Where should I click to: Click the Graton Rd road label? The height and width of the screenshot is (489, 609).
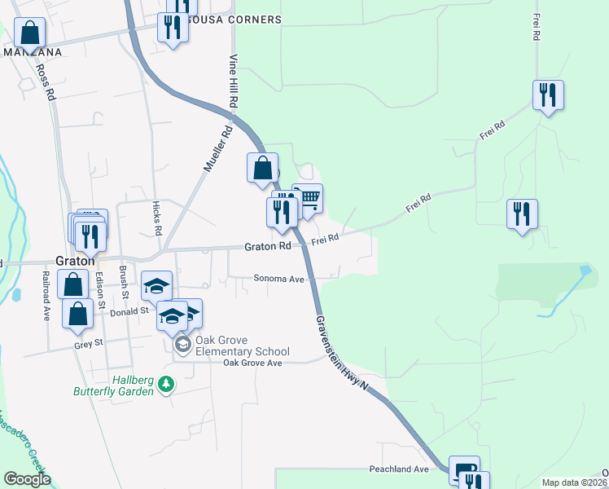click(x=268, y=246)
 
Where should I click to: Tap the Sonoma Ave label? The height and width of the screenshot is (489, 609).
click(x=278, y=279)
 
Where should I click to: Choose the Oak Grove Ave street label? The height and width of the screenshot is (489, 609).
click(x=252, y=363)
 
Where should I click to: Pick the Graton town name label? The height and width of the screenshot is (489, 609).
click(x=72, y=261)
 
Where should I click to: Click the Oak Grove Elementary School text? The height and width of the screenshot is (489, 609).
click(x=243, y=346)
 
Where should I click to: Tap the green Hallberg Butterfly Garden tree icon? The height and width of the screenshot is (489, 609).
click(x=166, y=383)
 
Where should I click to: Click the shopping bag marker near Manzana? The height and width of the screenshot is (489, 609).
click(x=29, y=33)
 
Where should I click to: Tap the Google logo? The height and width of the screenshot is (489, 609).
click(x=26, y=479)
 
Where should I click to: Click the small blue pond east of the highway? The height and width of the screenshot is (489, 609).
click(x=584, y=271)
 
